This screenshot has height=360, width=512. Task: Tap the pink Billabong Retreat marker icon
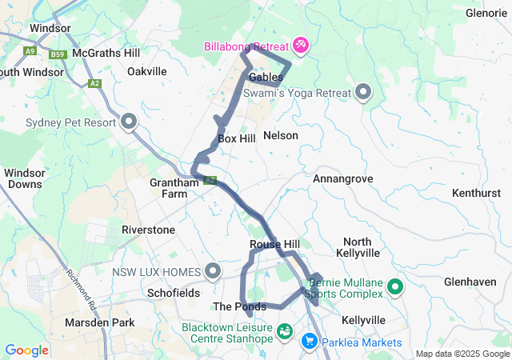tap(301, 43)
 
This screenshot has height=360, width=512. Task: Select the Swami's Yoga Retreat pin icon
tap(364, 93)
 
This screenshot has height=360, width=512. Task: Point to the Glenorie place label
tap(487, 12)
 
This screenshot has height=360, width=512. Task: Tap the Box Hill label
tap(237, 138)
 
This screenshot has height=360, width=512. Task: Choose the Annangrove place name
tap(343, 178)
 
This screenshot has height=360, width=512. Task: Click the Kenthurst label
tap(475, 194)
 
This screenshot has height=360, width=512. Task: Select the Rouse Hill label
tap(274, 244)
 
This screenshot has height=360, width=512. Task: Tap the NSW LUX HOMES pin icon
tap(213, 272)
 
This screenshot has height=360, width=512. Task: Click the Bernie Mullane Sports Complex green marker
tap(395, 286)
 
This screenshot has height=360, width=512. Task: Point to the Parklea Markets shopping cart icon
tap(309, 342)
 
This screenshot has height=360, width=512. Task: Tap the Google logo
tap(27, 350)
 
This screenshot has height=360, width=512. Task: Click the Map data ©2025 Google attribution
tap(462, 354)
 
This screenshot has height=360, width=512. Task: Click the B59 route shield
tap(56, 54)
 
